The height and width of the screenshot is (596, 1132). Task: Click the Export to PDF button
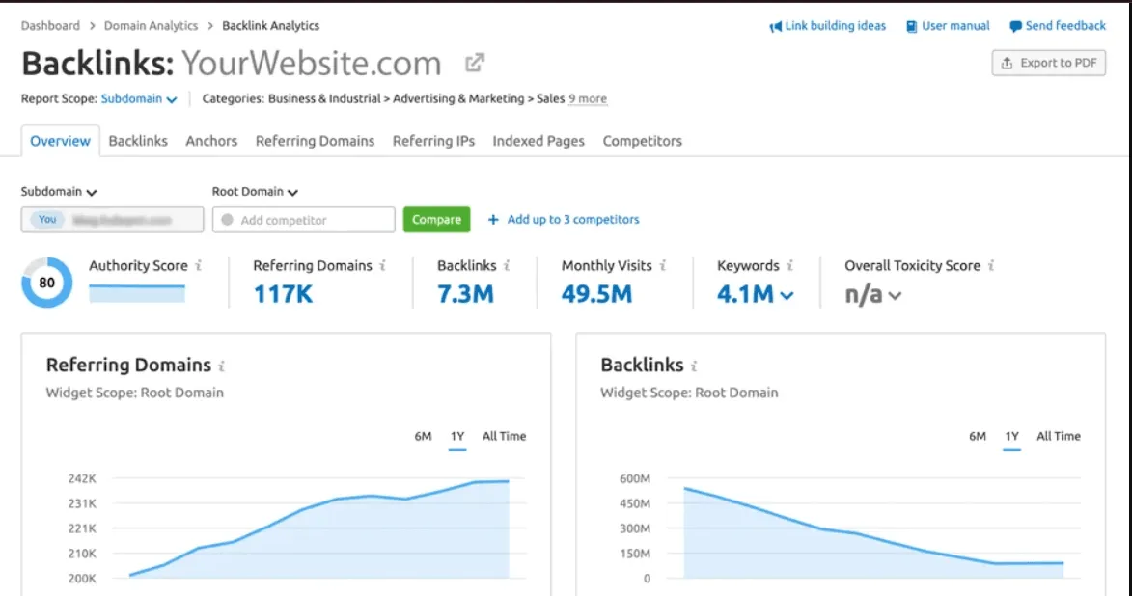click(x=1048, y=64)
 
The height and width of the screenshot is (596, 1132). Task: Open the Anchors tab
click(x=211, y=141)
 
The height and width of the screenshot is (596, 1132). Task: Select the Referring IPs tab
click(x=433, y=141)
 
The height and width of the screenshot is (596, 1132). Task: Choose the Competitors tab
click(x=642, y=141)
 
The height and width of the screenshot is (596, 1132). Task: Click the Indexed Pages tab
click(x=538, y=141)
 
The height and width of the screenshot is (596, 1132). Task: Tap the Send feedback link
click(x=1058, y=26)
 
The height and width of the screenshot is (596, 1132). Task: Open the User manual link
click(x=950, y=26)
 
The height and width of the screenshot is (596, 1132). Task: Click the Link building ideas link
click(x=828, y=26)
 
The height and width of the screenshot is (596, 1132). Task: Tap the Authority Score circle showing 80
click(x=46, y=283)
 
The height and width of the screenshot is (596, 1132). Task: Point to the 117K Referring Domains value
click(x=283, y=294)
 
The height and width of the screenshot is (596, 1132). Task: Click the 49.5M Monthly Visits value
click(x=596, y=294)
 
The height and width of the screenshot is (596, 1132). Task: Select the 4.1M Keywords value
click(x=746, y=294)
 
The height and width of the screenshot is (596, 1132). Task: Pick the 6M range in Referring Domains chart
click(x=423, y=437)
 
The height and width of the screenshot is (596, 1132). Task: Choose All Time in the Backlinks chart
click(x=1058, y=437)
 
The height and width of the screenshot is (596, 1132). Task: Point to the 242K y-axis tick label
click(x=82, y=478)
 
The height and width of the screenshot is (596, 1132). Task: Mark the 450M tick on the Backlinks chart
click(x=634, y=503)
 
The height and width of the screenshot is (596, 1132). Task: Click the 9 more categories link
click(x=588, y=98)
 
